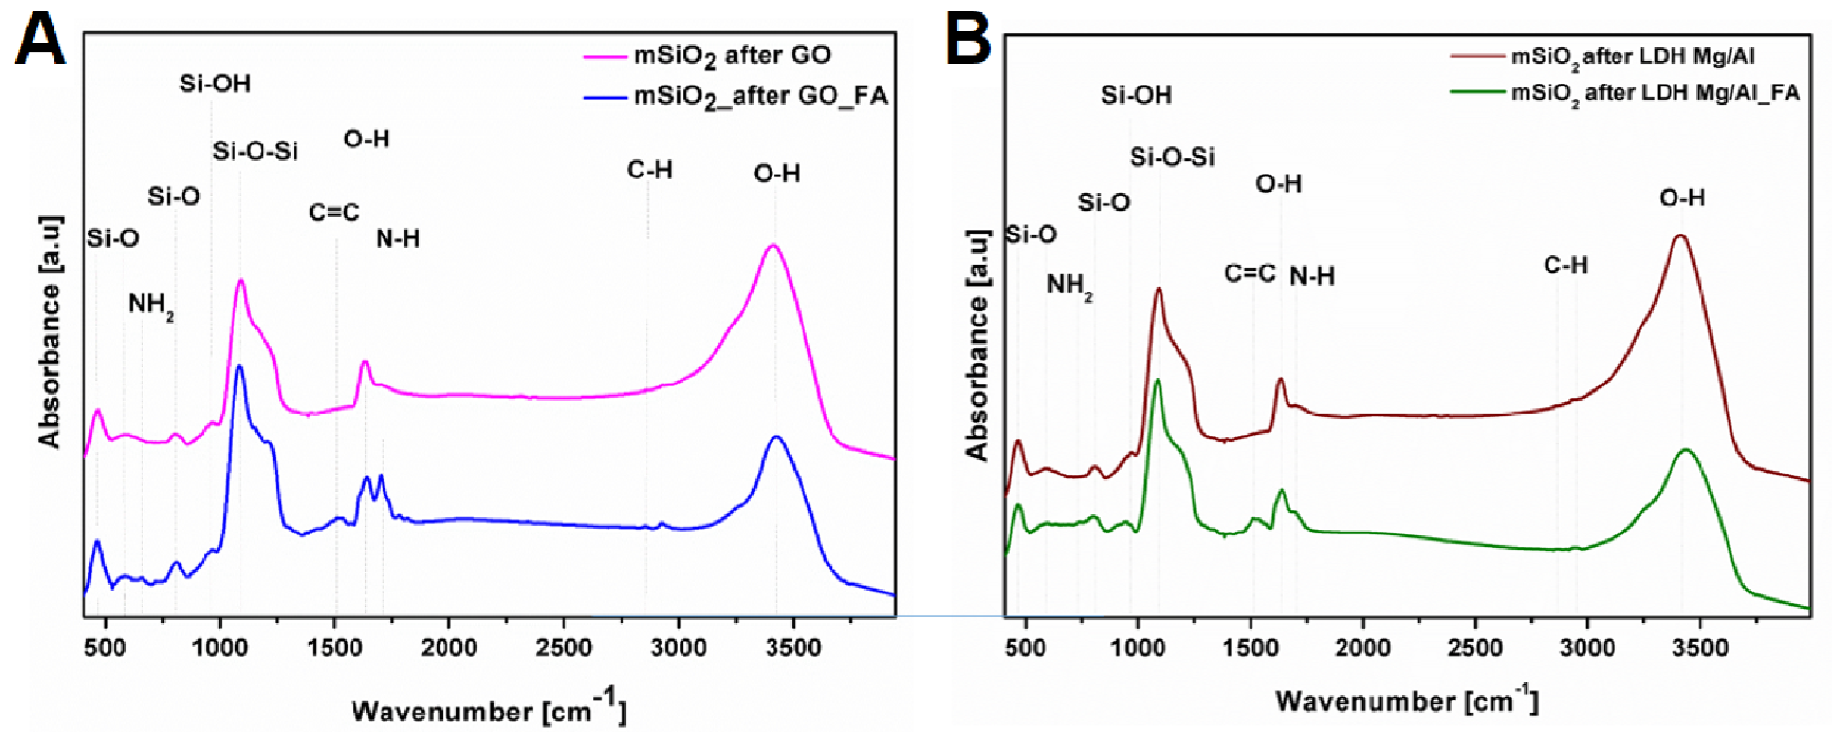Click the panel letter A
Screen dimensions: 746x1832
coord(41,41)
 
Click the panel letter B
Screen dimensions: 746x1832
coord(969,41)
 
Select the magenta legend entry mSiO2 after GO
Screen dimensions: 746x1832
coord(732,55)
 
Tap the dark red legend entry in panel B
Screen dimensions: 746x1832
coord(1633,56)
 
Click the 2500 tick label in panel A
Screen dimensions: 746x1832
coord(563,647)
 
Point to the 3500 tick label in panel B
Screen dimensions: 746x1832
coord(1700,647)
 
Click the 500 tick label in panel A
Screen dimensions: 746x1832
coord(105,647)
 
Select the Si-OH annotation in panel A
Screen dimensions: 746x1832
coord(215,84)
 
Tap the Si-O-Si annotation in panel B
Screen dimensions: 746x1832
coord(1172,156)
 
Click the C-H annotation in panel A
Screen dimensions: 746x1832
coord(649,170)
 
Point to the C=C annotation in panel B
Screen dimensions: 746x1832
coord(1250,273)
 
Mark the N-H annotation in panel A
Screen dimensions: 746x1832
coord(397,239)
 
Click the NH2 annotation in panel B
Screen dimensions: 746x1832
coord(1069,286)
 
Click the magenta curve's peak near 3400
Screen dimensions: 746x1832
coord(773,246)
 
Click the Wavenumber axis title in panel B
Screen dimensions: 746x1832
coord(1406,701)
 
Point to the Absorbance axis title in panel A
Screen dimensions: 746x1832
coord(50,331)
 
